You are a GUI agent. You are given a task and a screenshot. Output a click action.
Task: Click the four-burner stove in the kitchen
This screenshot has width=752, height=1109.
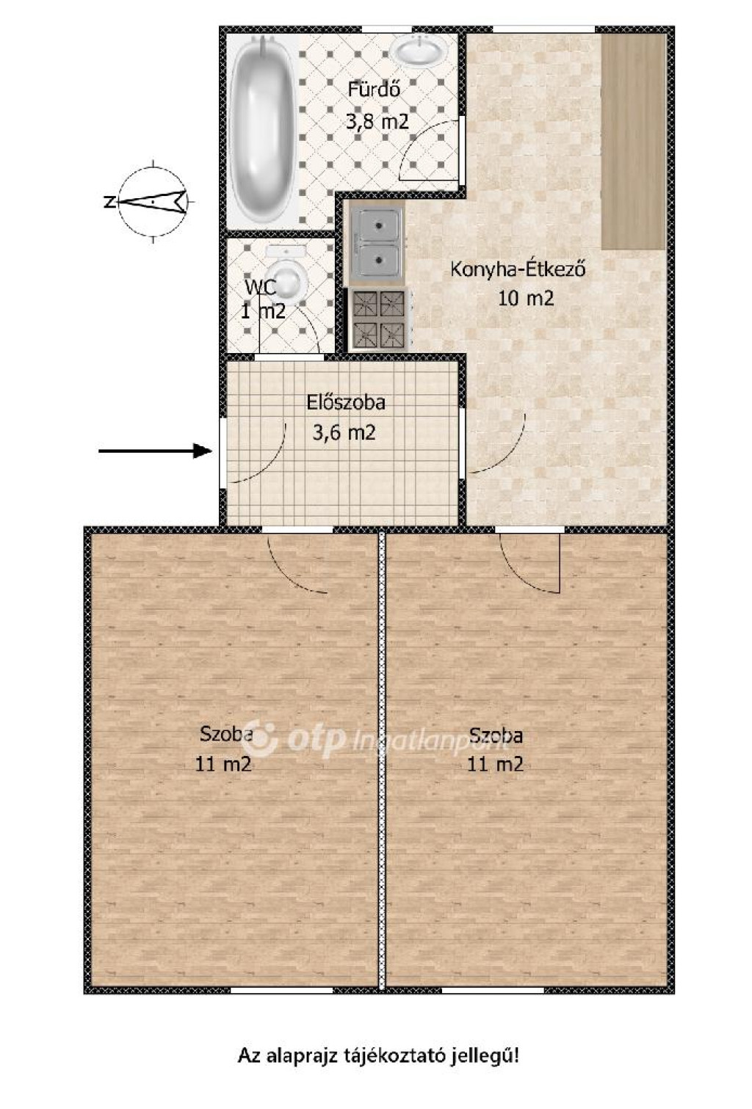pos(379,319)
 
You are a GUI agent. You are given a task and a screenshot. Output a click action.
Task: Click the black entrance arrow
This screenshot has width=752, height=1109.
pos(155,451)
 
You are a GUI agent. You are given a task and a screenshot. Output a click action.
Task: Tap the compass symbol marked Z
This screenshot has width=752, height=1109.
pos(153,202)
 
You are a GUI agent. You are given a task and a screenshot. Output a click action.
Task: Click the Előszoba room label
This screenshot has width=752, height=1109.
pos(346,402)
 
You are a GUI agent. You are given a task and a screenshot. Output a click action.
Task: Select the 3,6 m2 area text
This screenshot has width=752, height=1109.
pos(344,433)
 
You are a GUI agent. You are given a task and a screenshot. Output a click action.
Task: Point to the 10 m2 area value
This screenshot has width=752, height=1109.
pos(525,299)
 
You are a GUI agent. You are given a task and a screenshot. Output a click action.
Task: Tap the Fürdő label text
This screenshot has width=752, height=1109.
pos(374,90)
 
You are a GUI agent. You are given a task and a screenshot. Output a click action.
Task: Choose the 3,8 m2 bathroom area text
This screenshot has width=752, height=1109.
pos(377,120)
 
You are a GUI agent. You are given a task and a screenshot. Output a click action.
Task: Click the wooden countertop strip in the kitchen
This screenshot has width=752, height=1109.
pos(633,141)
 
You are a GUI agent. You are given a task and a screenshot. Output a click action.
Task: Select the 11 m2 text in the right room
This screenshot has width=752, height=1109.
pos(496,765)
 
